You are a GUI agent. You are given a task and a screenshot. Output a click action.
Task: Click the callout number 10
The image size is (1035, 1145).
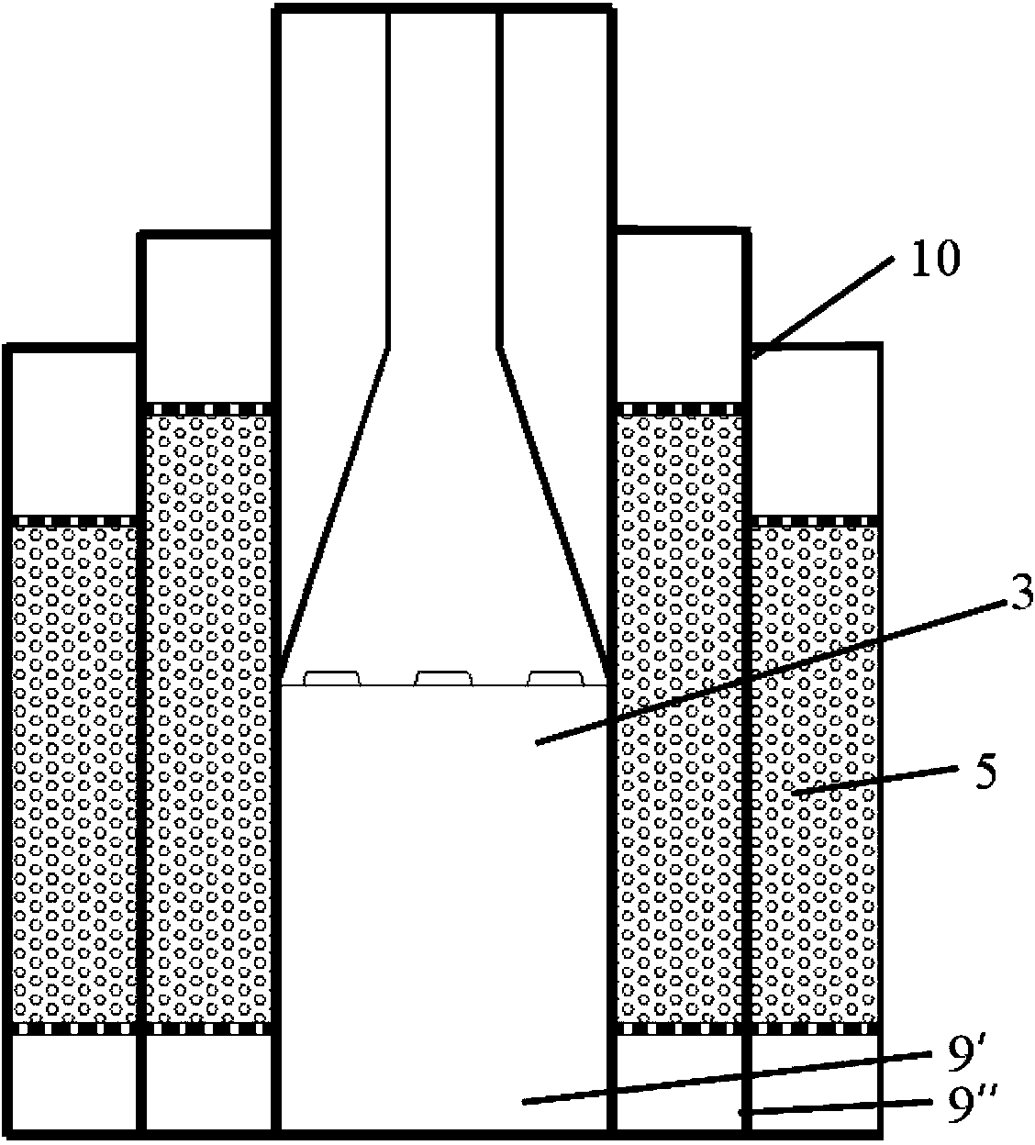(x=934, y=261)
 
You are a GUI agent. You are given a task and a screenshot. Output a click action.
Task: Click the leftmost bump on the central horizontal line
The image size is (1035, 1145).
(x=331, y=678)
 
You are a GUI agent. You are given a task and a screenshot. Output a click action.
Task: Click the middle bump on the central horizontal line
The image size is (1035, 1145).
(x=443, y=678)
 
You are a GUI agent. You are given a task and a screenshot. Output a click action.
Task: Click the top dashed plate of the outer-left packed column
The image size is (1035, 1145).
(x=73, y=520)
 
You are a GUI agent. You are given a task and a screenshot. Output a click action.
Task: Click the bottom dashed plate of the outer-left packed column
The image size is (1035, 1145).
(x=73, y=1028)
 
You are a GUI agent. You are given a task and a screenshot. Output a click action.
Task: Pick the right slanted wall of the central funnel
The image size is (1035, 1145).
(x=553, y=514)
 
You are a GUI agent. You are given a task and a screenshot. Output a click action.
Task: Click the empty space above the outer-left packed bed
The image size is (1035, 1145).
(x=73, y=431)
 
